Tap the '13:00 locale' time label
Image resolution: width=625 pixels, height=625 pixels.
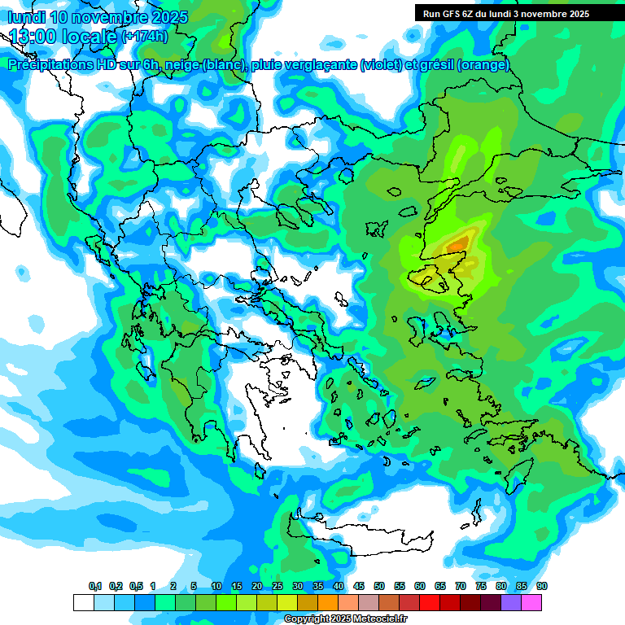(63, 37)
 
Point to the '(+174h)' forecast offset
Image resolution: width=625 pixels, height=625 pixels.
(144, 37)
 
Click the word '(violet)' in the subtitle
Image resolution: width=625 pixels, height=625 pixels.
(381, 65)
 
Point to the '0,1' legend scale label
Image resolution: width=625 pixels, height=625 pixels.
(94, 587)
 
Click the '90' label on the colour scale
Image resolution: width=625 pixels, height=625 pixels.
(541, 587)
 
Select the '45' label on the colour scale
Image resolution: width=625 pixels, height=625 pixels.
(359, 587)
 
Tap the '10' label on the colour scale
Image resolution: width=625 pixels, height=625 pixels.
(216, 587)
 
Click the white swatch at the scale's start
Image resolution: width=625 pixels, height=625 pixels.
(83, 602)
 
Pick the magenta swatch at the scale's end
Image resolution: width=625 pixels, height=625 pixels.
(532, 602)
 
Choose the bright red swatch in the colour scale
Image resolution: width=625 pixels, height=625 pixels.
(430, 602)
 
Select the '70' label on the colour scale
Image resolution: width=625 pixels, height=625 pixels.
(461, 587)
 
